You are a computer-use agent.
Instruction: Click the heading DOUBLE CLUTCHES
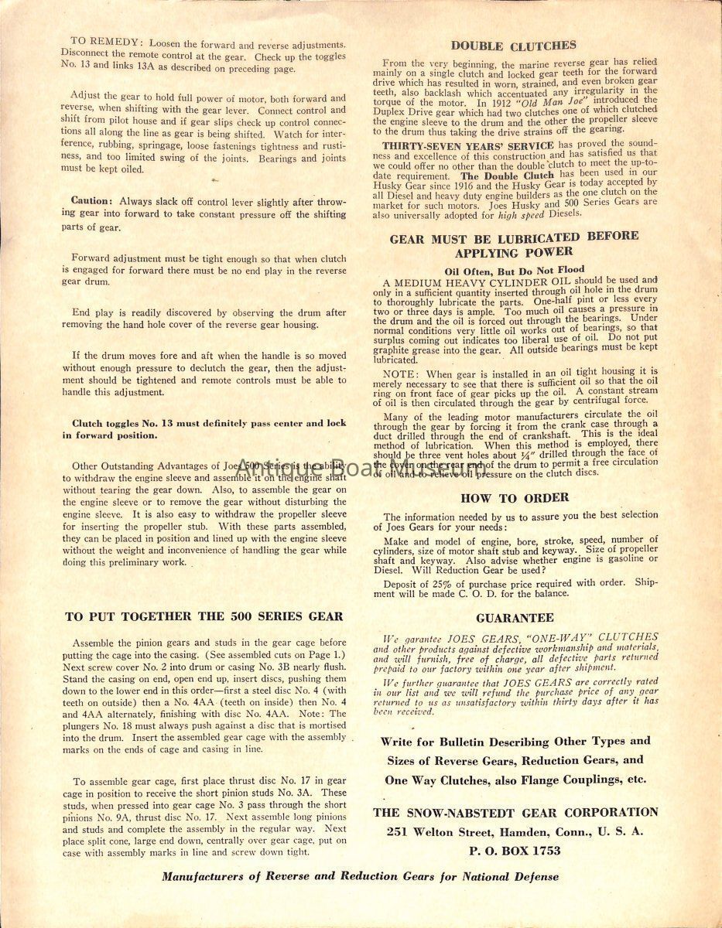pos(513,46)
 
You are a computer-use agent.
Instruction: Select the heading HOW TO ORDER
pos(515,498)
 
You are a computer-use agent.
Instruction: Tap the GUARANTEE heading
pos(515,618)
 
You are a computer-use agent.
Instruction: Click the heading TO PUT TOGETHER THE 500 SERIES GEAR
pos(204,616)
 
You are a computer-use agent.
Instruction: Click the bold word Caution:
pos(92,200)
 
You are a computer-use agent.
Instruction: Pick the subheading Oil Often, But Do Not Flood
pos(515,270)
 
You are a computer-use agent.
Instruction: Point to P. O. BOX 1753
pos(514,850)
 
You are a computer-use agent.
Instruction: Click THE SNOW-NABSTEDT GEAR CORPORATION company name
pos(515,812)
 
